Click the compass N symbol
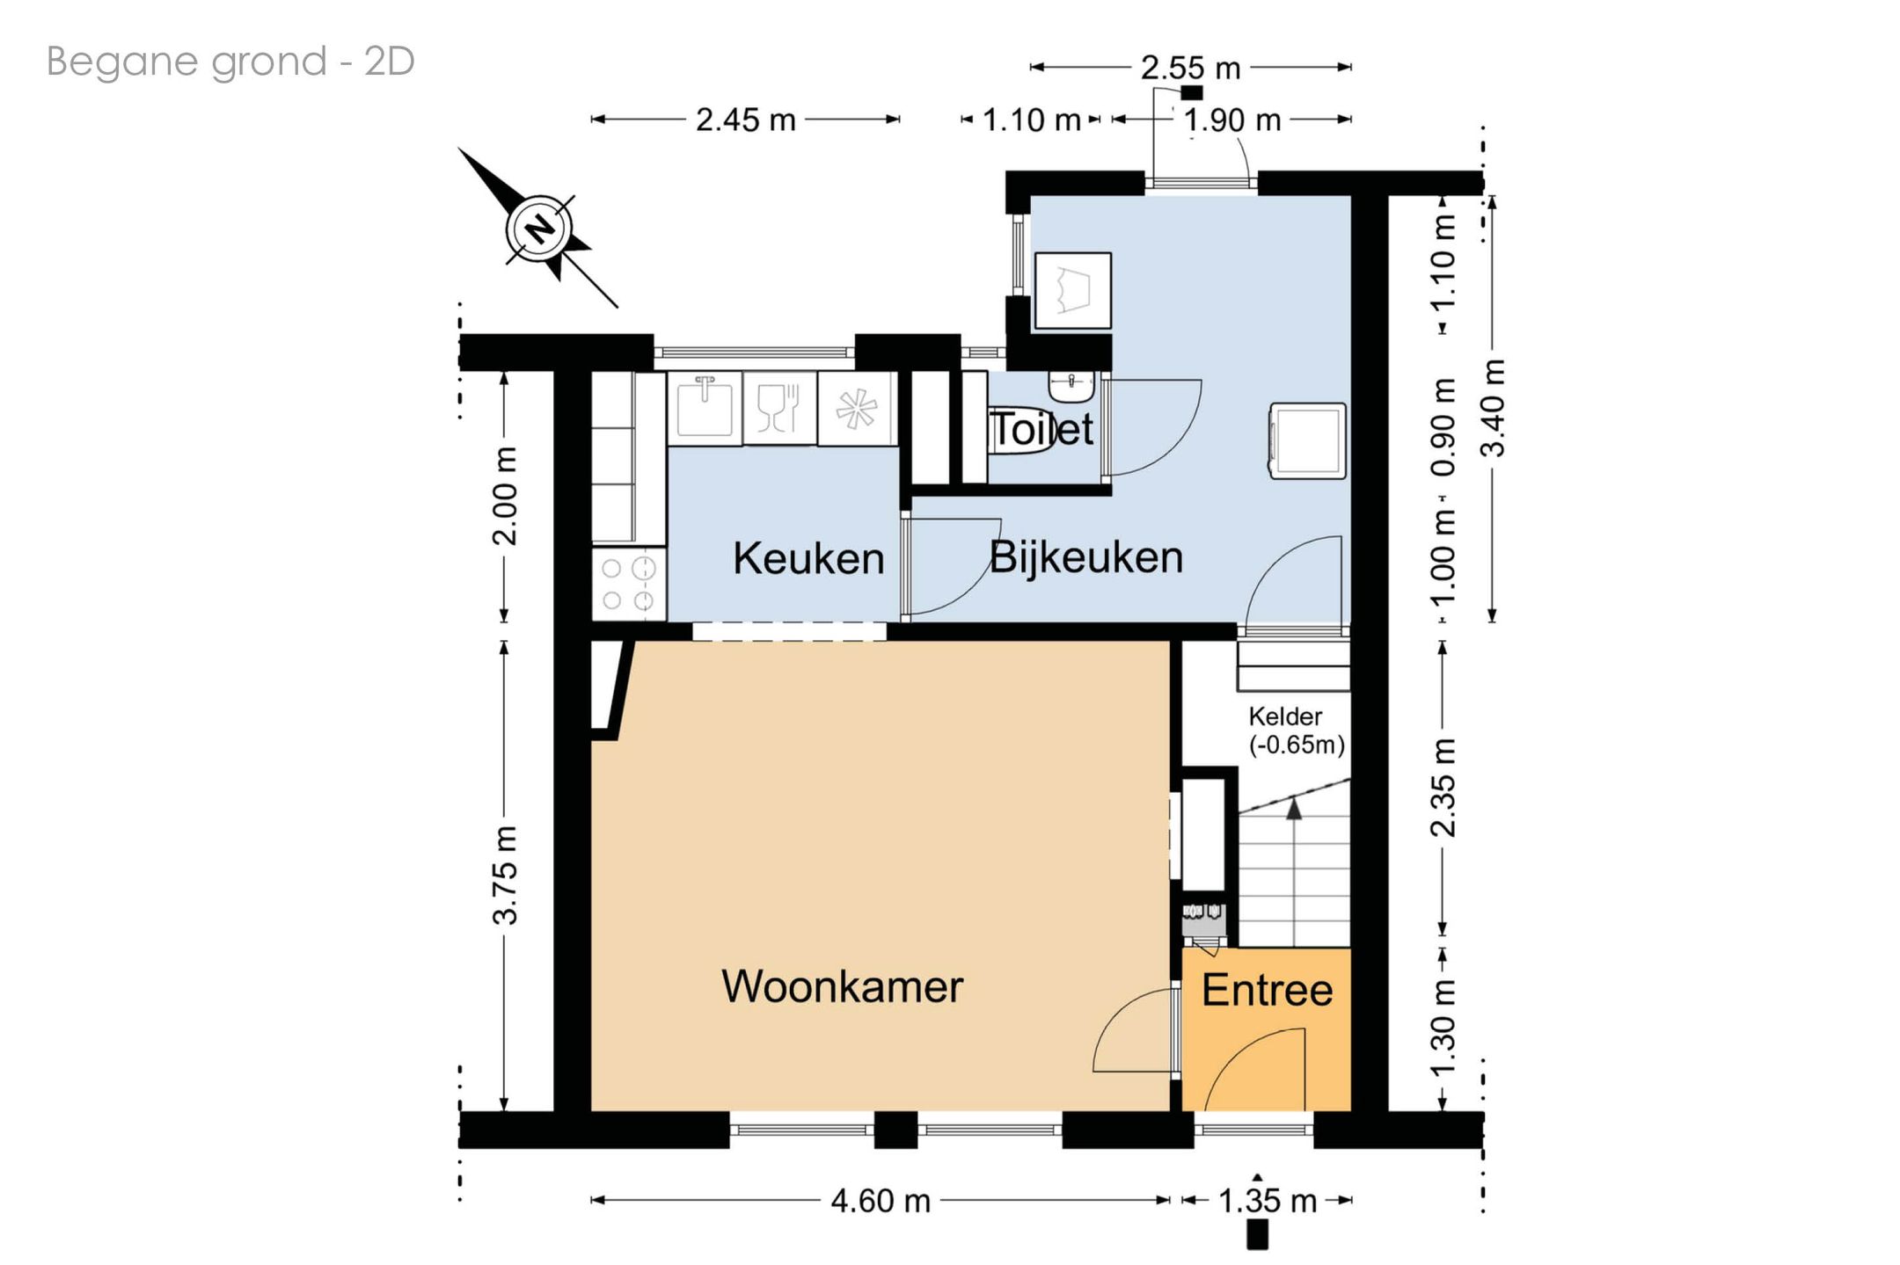(x=540, y=229)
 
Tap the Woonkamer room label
(x=842, y=986)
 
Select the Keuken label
(x=808, y=558)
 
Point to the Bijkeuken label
(x=1086, y=557)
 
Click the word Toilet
(x=1043, y=429)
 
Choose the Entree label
(x=1267, y=991)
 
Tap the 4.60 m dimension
(x=881, y=1201)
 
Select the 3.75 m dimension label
(x=505, y=876)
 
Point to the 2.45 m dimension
(x=745, y=120)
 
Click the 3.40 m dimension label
(x=1493, y=408)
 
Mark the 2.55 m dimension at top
(x=1190, y=68)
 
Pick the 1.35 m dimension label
(x=1267, y=1201)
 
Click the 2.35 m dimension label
(x=1443, y=788)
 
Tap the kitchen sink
(x=705, y=408)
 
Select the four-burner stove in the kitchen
(x=629, y=584)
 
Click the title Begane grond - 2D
(x=230, y=62)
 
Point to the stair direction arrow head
(x=1294, y=809)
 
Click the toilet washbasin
(x=1071, y=384)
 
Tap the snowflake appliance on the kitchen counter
(x=857, y=409)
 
